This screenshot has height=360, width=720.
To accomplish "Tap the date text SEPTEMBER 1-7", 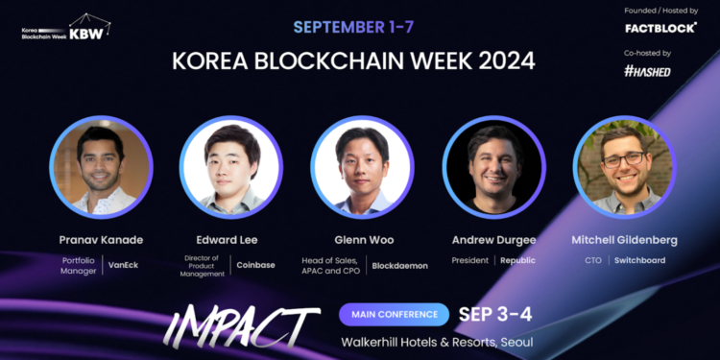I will pos(353,27).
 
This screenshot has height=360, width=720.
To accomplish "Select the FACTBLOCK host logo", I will pos(660,28).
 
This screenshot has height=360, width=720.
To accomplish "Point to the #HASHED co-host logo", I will pos(648,71).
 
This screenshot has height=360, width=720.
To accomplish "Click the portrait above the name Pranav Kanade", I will pos(101,166).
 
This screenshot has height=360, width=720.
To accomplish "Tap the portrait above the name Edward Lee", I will pos(230,166).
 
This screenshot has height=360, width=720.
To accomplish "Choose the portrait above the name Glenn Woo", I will pos(361,166).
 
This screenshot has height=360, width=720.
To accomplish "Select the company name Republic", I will pos(517,260).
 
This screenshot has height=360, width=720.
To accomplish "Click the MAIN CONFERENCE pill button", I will pos(394,314).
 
